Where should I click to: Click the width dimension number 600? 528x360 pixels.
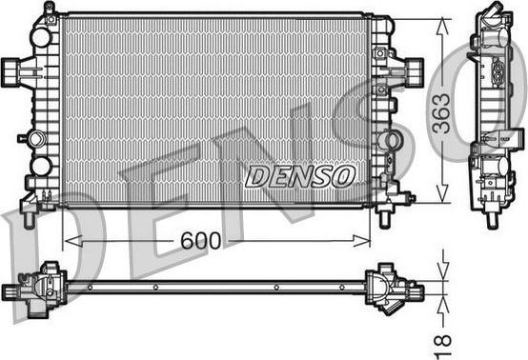point(198,242)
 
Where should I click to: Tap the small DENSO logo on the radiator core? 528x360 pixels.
point(299,175)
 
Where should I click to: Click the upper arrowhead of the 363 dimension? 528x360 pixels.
point(440,23)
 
